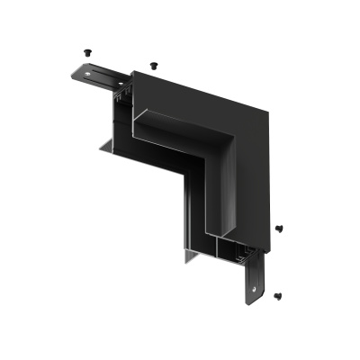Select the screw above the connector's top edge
[x=153, y=65]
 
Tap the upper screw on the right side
[x=279, y=229]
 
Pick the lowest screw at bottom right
[x=278, y=294]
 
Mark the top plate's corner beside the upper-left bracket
[x=132, y=71]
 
